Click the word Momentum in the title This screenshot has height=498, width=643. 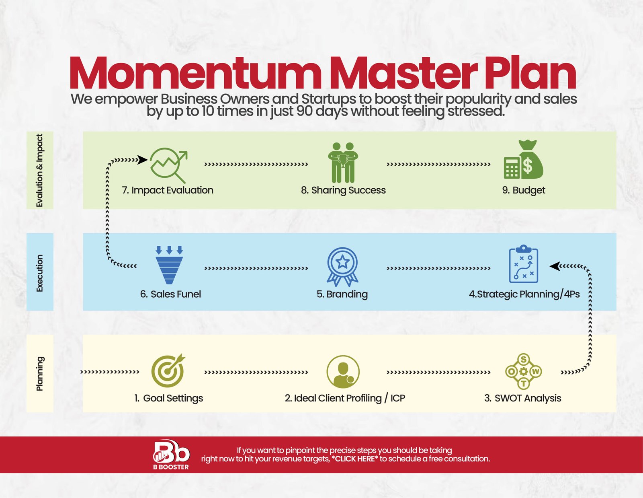(x=195, y=73)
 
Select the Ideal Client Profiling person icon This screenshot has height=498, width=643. (x=343, y=372)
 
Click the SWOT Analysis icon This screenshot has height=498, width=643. (x=524, y=371)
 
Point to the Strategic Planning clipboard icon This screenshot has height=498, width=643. (x=524, y=264)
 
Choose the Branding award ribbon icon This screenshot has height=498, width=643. (x=342, y=267)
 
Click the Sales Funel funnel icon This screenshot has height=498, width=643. (x=169, y=265)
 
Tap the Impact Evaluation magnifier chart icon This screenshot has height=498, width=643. (x=169, y=165)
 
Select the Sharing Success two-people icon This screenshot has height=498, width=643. (x=343, y=163)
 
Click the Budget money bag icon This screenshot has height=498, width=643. (x=524, y=160)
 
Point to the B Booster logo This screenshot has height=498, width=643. (x=171, y=455)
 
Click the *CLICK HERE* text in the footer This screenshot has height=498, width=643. (x=355, y=459)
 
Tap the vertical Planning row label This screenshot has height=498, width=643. (x=40, y=374)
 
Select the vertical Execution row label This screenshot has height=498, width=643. (x=40, y=273)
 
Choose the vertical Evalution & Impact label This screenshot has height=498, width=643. (x=40, y=170)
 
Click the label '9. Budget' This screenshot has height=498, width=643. (x=524, y=190)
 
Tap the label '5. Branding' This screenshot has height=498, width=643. (x=342, y=294)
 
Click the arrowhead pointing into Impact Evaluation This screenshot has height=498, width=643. (x=143, y=160)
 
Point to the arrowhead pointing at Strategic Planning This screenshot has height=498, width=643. (x=555, y=266)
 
